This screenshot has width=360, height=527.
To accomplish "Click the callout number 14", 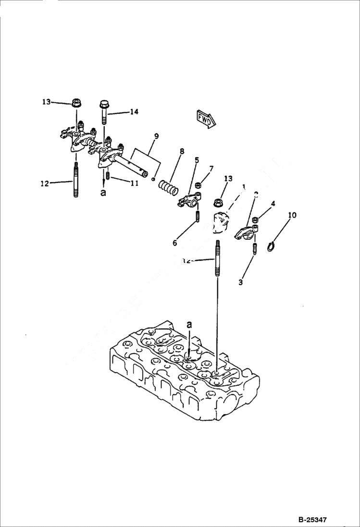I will click(x=134, y=111).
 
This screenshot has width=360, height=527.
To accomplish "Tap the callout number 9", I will click(x=156, y=136).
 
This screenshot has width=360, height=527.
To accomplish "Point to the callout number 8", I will click(x=182, y=151).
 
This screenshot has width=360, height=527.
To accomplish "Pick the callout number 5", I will click(x=197, y=159).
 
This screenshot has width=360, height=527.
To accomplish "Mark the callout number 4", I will click(x=273, y=204).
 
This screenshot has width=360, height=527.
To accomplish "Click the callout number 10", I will click(x=292, y=215).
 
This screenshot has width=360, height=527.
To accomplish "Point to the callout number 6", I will click(x=175, y=243).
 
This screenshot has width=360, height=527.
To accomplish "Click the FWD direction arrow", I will click(x=206, y=119).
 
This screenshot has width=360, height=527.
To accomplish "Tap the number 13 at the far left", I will click(x=46, y=102).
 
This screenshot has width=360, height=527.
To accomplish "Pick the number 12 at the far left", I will click(x=45, y=183).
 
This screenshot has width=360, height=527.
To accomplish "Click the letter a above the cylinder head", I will click(x=189, y=325).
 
